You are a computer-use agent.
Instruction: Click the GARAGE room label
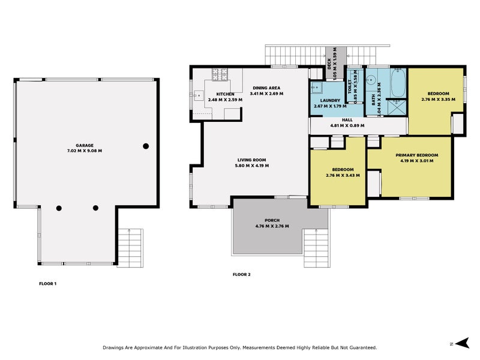pyautogui.click(x=88, y=145)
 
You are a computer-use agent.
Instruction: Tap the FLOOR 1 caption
pyautogui.click(x=47, y=283)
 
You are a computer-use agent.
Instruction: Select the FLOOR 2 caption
pyautogui.click(x=242, y=274)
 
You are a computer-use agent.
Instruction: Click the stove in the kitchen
pyautogui.click(x=219, y=76)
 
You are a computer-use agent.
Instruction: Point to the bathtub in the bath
pyautogui.click(x=398, y=85)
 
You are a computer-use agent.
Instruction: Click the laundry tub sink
pyautogui.click(x=316, y=88)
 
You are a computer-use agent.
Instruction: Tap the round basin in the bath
pyautogui.click(x=373, y=79)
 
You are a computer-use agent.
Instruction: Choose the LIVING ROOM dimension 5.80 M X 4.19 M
pyautogui.click(x=252, y=166)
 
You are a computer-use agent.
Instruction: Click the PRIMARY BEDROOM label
pyautogui.click(x=416, y=155)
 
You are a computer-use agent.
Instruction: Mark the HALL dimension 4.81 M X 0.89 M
pyautogui.click(x=347, y=126)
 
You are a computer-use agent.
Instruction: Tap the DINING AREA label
pyautogui.click(x=267, y=88)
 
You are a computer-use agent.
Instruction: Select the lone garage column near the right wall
pyautogui.click(x=145, y=146)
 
